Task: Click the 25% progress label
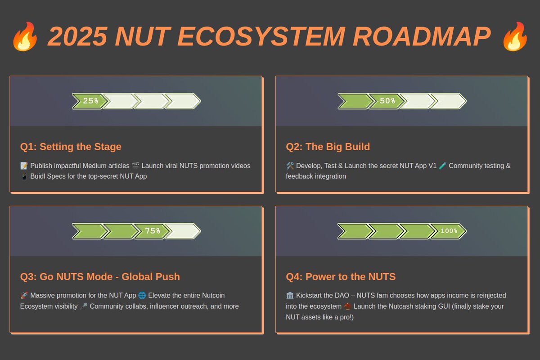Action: pos(90,101)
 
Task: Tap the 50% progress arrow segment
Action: pos(387,101)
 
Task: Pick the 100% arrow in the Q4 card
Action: pos(448,231)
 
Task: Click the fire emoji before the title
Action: pos(25,37)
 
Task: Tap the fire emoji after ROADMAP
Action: pos(516,37)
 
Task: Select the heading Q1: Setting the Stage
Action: pos(71,147)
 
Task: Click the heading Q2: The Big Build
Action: pos(328,147)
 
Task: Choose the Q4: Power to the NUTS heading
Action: pos(341,276)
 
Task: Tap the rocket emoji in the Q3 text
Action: pos(24,296)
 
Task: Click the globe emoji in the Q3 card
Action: pos(142,296)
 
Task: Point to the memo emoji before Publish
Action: pos(24,166)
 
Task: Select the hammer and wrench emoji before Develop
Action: pos(290,166)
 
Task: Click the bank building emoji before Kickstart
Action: pos(290,296)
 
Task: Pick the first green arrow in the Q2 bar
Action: pos(354,101)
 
